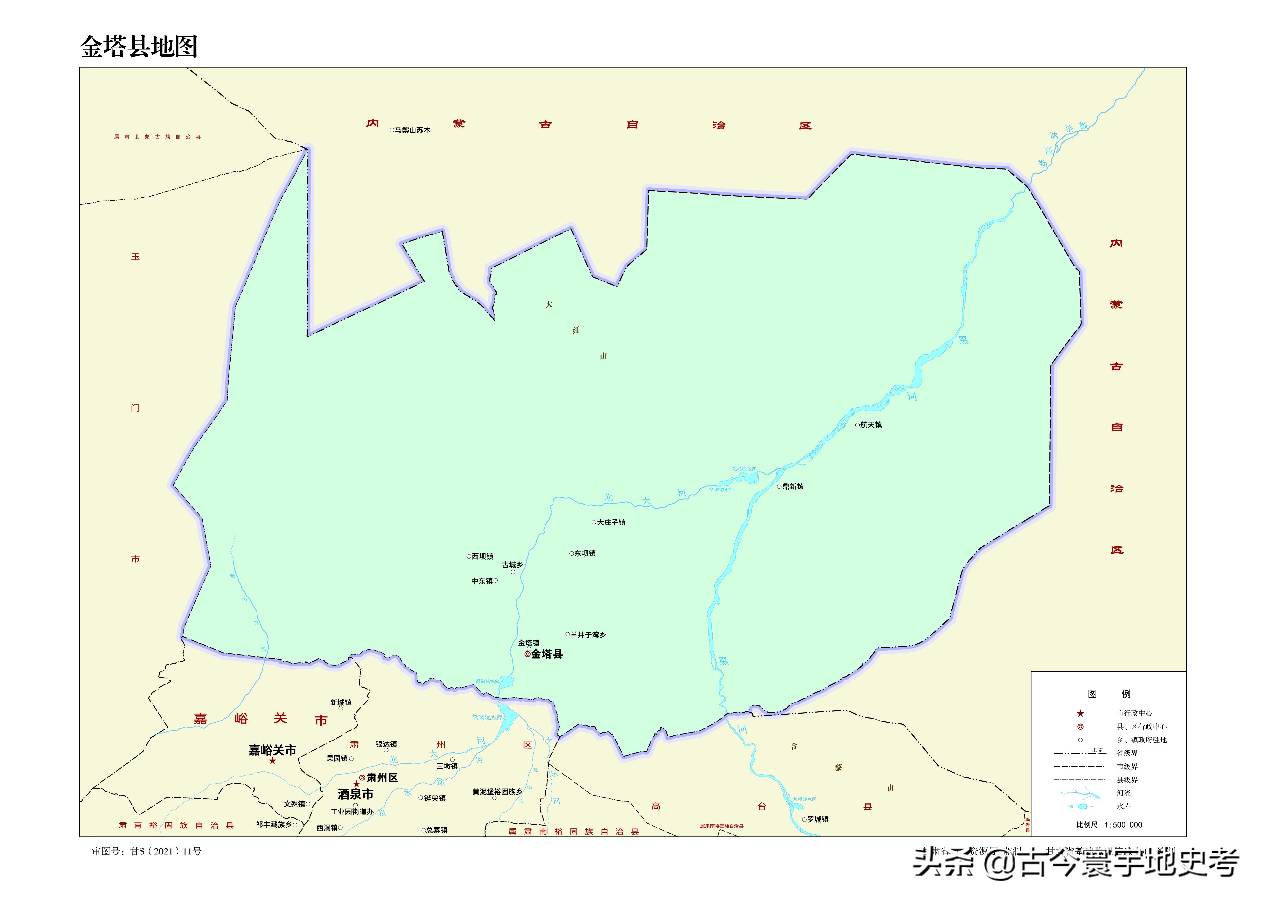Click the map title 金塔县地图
pos(139,47)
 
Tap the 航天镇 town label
pos(871,425)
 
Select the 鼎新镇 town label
pos(793,487)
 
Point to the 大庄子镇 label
pos(611,522)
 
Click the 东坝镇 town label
pos(585,553)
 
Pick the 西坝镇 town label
pos(482,556)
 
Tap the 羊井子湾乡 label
pos(588,634)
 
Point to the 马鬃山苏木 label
pos(412,130)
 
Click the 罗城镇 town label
pos(818,819)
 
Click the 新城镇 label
pos(341,703)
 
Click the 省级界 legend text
pos(1127,753)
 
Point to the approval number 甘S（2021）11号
pos(166,851)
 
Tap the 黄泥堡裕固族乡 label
pos(497,792)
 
